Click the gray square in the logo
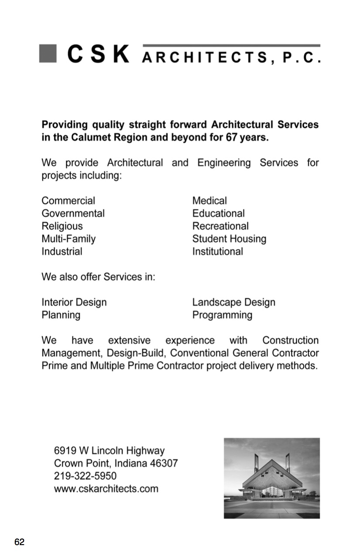pos(48,54)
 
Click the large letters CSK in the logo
pos(99,55)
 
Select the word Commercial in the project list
pos(68,201)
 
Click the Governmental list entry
pos(73,214)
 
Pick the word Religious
pos(62,226)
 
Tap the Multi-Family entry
pos(69,239)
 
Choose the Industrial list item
pos(62,252)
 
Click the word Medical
pos(209,201)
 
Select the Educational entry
pos(218,214)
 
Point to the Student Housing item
pos(229,239)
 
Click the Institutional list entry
pos(218,252)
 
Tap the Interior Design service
pos(74,303)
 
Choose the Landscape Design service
pos(233,303)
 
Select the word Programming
pos(222,315)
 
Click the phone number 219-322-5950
pos(85,476)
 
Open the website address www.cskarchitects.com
pos(106,488)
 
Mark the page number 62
pos(19,542)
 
